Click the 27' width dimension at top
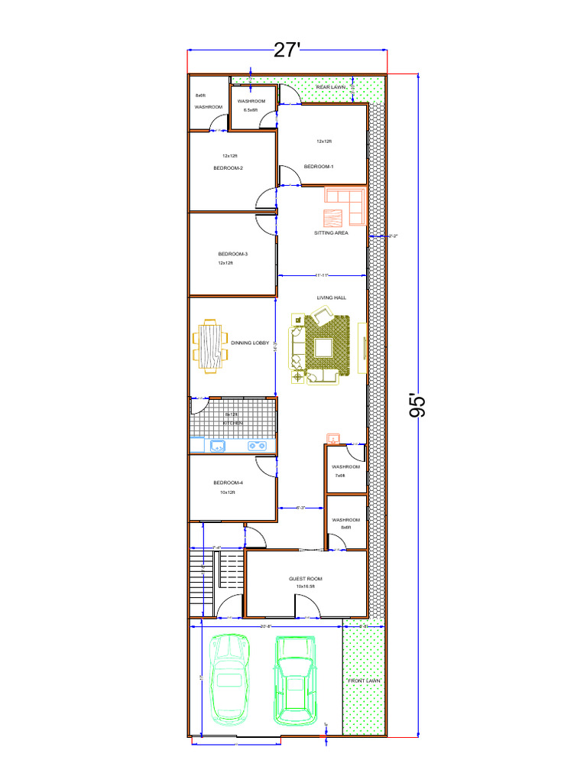pos(287,50)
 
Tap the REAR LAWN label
pos(331,88)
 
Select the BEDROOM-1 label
pos(319,167)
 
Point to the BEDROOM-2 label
pos(228,168)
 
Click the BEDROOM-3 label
pos(232,254)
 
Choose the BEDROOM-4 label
pos(228,482)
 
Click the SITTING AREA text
pos(331,233)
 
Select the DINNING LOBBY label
pos(250,343)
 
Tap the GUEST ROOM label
pos(305,579)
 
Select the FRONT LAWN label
pos(364,680)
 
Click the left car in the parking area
pos(229,678)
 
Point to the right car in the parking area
pos(295,680)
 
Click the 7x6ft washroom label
pos(345,466)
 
